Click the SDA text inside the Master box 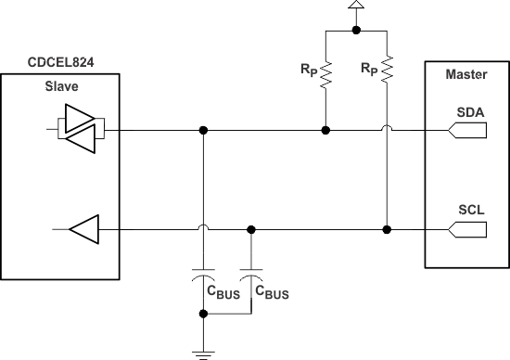tap(467, 111)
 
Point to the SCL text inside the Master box tap(467, 209)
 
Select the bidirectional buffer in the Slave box tap(81, 131)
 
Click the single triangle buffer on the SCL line tap(83, 228)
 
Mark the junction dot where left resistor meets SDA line tap(325, 132)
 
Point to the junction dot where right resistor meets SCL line tap(386, 228)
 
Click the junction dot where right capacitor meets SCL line tap(250, 228)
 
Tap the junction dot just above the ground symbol tap(202, 315)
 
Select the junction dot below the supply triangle tap(356, 29)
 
